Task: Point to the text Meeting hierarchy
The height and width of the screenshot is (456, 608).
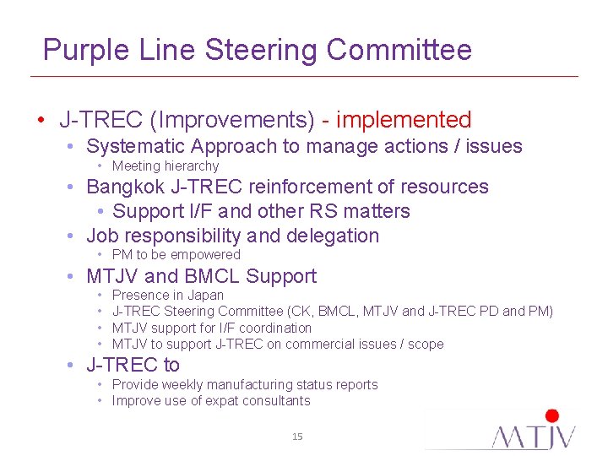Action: (166, 166)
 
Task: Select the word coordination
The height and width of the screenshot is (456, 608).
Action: (274, 328)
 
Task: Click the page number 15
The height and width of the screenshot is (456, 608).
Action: (297, 437)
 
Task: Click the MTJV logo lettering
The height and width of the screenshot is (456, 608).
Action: (535, 437)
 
